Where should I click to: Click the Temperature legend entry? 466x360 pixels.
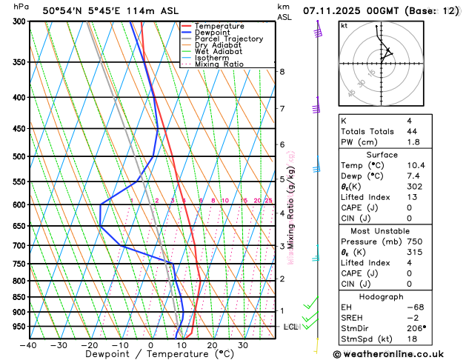tap(219, 26)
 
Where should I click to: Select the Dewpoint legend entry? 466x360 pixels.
tap(213, 33)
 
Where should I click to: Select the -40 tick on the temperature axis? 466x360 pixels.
tap(29, 345)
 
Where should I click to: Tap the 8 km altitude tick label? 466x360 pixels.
tap(282, 71)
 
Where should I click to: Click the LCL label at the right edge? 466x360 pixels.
tap(291, 327)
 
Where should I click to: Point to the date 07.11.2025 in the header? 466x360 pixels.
tap(334, 10)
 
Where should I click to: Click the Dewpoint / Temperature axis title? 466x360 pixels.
tap(150, 355)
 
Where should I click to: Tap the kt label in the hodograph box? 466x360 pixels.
tap(344, 25)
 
